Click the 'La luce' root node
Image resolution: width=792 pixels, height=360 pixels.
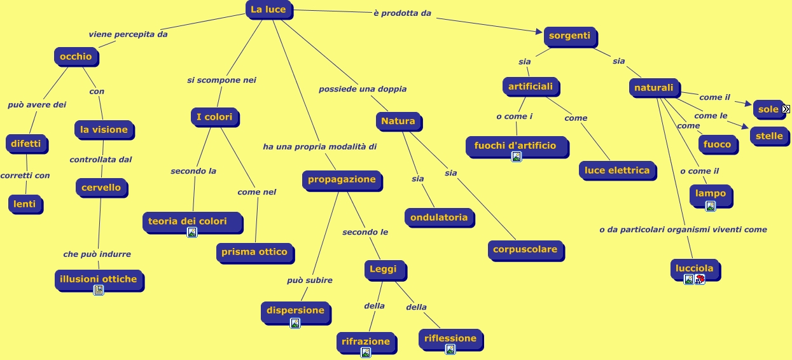pos(268,10)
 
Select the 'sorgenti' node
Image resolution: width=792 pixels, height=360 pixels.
pos(569,36)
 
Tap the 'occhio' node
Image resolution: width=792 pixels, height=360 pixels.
pos(76,57)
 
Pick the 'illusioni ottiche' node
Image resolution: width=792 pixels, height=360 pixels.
pos(98,279)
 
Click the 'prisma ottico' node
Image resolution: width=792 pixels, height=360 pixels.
pos(254,252)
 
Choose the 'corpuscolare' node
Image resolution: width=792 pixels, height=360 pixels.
pos(525,249)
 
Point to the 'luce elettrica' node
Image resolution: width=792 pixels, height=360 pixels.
pos(617,170)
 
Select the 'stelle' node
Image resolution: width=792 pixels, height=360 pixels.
pos(769,135)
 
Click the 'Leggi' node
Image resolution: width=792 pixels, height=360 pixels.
pos(383,269)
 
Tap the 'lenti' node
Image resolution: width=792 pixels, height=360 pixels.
pos(25,204)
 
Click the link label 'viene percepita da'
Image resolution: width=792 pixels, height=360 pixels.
pos(128,34)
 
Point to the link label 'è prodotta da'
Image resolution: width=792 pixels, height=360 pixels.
pos(402,13)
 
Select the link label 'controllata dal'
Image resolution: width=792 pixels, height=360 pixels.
pos(101,160)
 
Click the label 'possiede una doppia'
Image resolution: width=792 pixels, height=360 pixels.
pos(363,89)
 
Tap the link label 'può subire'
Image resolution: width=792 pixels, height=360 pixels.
pos(309,280)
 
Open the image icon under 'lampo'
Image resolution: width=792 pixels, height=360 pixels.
pos(711,206)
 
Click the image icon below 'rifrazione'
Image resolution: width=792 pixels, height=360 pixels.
pos(365,352)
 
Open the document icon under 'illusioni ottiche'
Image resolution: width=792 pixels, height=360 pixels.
pos(99,290)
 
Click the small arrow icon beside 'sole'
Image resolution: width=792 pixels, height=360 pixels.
pos(786,109)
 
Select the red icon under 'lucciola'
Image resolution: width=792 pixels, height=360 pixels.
pos(700,279)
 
